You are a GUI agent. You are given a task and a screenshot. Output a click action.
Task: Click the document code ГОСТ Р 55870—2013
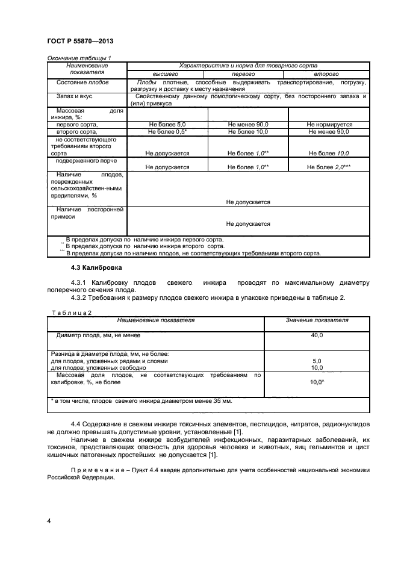[80, 41]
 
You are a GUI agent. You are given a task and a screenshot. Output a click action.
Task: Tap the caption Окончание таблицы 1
[79, 58]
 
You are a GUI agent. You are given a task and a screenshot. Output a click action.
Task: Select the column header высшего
[167, 73]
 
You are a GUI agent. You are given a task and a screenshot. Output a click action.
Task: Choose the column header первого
[248, 73]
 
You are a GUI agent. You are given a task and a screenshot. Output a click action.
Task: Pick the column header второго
[329, 73]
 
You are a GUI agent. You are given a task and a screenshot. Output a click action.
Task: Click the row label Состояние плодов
[82, 82]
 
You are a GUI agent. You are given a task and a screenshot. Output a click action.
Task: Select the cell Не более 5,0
[167, 124]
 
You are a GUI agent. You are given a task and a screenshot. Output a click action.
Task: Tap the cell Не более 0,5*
[167, 131]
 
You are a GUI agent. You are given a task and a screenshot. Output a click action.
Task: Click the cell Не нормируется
[329, 124]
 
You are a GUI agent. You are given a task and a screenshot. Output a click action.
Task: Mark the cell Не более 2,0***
[329, 167]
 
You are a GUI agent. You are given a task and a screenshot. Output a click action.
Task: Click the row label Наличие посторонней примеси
[87, 213]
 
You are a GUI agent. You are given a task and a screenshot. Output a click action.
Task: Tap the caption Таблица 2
[71, 313]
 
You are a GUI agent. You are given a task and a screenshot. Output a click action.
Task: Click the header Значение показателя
[317, 320]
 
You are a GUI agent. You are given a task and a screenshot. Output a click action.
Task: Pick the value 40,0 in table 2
[317, 335]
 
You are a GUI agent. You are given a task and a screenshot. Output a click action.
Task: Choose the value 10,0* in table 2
[317, 382]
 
